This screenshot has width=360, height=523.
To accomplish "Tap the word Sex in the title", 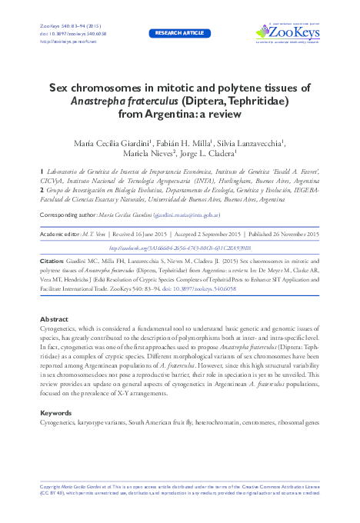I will [x=61, y=88].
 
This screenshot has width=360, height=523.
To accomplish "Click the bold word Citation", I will [x=53, y=262].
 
